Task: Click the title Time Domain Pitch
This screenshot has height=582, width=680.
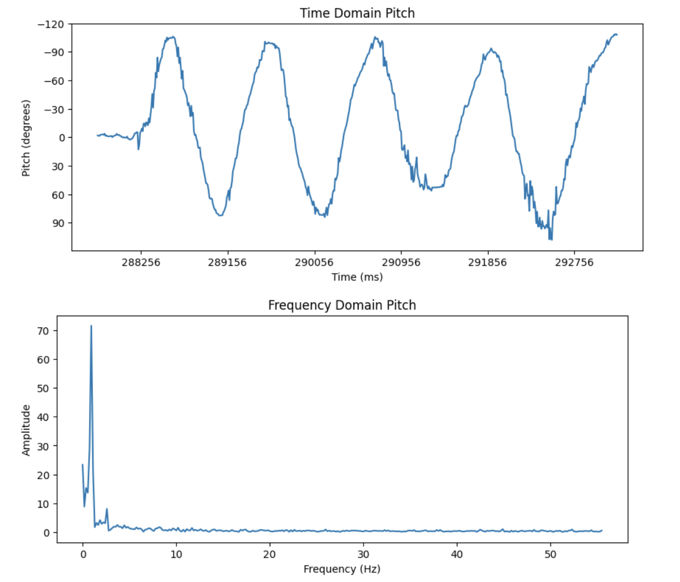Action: point(357,13)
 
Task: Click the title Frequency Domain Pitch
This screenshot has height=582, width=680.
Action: point(342,305)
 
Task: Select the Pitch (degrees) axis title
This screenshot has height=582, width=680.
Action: point(26,138)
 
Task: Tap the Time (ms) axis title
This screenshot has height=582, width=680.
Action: point(357,277)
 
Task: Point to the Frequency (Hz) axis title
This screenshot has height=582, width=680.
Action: point(342,569)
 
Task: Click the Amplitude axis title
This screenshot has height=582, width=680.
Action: point(26,430)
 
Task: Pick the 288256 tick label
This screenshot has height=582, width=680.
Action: point(141,262)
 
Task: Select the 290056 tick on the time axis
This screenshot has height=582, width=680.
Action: point(314,262)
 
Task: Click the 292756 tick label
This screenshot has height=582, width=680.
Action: point(574,262)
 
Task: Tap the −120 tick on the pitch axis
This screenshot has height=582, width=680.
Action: point(51,24)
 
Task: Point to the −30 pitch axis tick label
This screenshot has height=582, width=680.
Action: point(54,110)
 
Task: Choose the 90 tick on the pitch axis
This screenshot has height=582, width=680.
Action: point(58,223)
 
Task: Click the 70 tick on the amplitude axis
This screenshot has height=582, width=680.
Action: point(44,331)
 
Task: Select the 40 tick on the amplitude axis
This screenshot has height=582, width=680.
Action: point(44,417)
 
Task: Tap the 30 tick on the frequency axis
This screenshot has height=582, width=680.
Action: point(363,554)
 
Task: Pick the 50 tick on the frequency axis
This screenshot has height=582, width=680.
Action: point(550,554)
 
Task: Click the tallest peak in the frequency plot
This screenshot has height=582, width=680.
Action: point(91,326)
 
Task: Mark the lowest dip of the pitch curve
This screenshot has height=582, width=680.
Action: point(551,239)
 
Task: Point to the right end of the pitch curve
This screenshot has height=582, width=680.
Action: point(617,34)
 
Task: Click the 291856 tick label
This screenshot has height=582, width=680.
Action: point(487,262)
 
